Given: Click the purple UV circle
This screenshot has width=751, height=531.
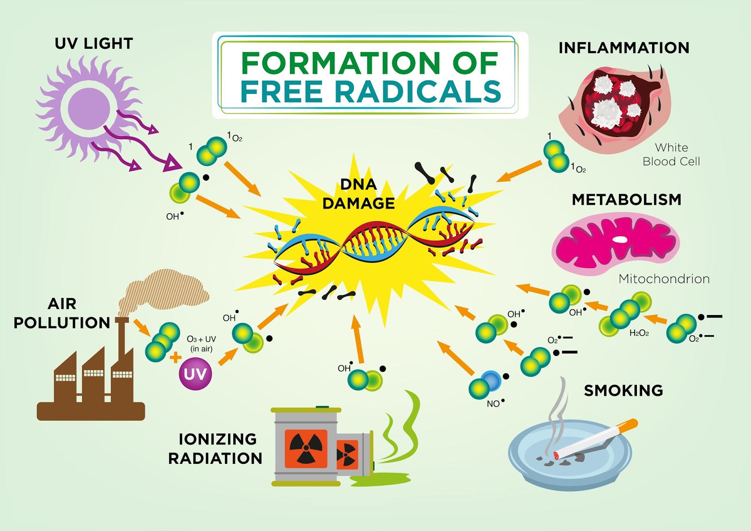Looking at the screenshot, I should [x=195, y=374].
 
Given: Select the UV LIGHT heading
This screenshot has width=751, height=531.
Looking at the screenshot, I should [x=94, y=44].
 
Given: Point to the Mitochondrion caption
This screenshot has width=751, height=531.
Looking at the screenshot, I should [x=664, y=279].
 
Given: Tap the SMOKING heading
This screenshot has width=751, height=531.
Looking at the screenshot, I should [x=623, y=391].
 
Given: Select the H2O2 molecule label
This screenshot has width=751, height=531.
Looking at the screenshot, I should [x=639, y=333].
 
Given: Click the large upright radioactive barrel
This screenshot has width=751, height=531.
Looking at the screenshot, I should [x=306, y=446].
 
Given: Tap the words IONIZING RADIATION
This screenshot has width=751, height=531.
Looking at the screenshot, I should [x=215, y=448].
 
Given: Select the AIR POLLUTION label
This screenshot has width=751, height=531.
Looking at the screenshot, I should [x=62, y=313].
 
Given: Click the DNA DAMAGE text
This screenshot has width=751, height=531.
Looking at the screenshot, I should [x=359, y=194].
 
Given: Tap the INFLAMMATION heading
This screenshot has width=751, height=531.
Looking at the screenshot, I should [x=624, y=48].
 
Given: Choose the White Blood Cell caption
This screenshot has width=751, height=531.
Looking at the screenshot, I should [x=671, y=154].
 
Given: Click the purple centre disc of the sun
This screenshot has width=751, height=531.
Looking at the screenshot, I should [x=89, y=108].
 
